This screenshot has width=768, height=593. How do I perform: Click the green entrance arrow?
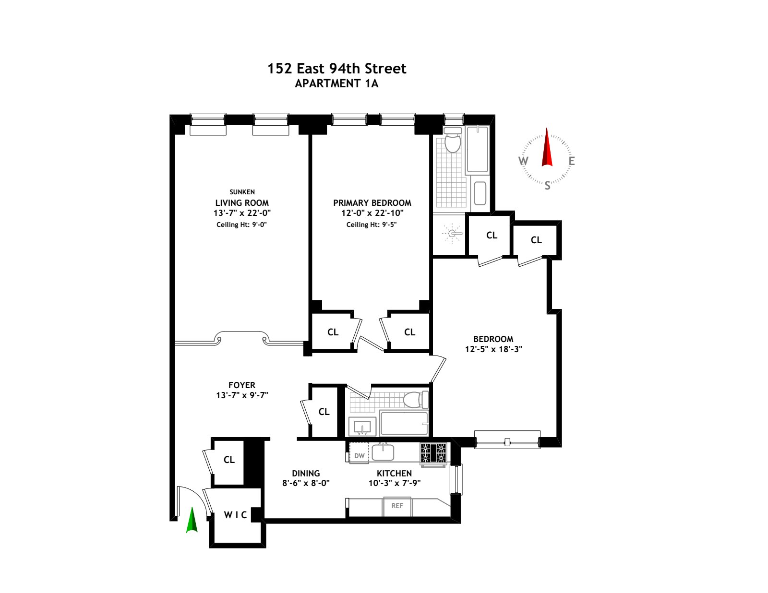click(192, 521)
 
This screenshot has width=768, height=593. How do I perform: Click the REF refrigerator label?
click(397, 506)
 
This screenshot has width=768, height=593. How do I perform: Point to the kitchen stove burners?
click(433, 452)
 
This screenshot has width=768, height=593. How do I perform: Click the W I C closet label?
click(235, 515)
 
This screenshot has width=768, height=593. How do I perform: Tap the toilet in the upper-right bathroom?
click(452, 141)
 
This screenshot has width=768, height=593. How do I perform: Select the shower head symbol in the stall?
click(452, 234)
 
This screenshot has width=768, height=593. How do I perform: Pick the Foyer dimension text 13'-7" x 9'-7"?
click(242, 395)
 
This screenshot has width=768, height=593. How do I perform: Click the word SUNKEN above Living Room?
click(242, 192)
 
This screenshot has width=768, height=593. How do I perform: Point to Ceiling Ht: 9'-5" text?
click(372, 225)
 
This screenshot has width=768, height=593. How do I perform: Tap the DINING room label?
click(306, 473)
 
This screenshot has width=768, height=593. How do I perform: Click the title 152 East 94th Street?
click(336, 69)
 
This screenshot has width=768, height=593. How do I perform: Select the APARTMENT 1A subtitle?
click(336, 83)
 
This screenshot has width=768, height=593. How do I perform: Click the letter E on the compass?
click(571, 161)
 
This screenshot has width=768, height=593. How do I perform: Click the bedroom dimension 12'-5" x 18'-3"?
click(493, 349)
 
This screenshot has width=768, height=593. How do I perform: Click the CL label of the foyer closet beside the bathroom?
click(324, 412)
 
